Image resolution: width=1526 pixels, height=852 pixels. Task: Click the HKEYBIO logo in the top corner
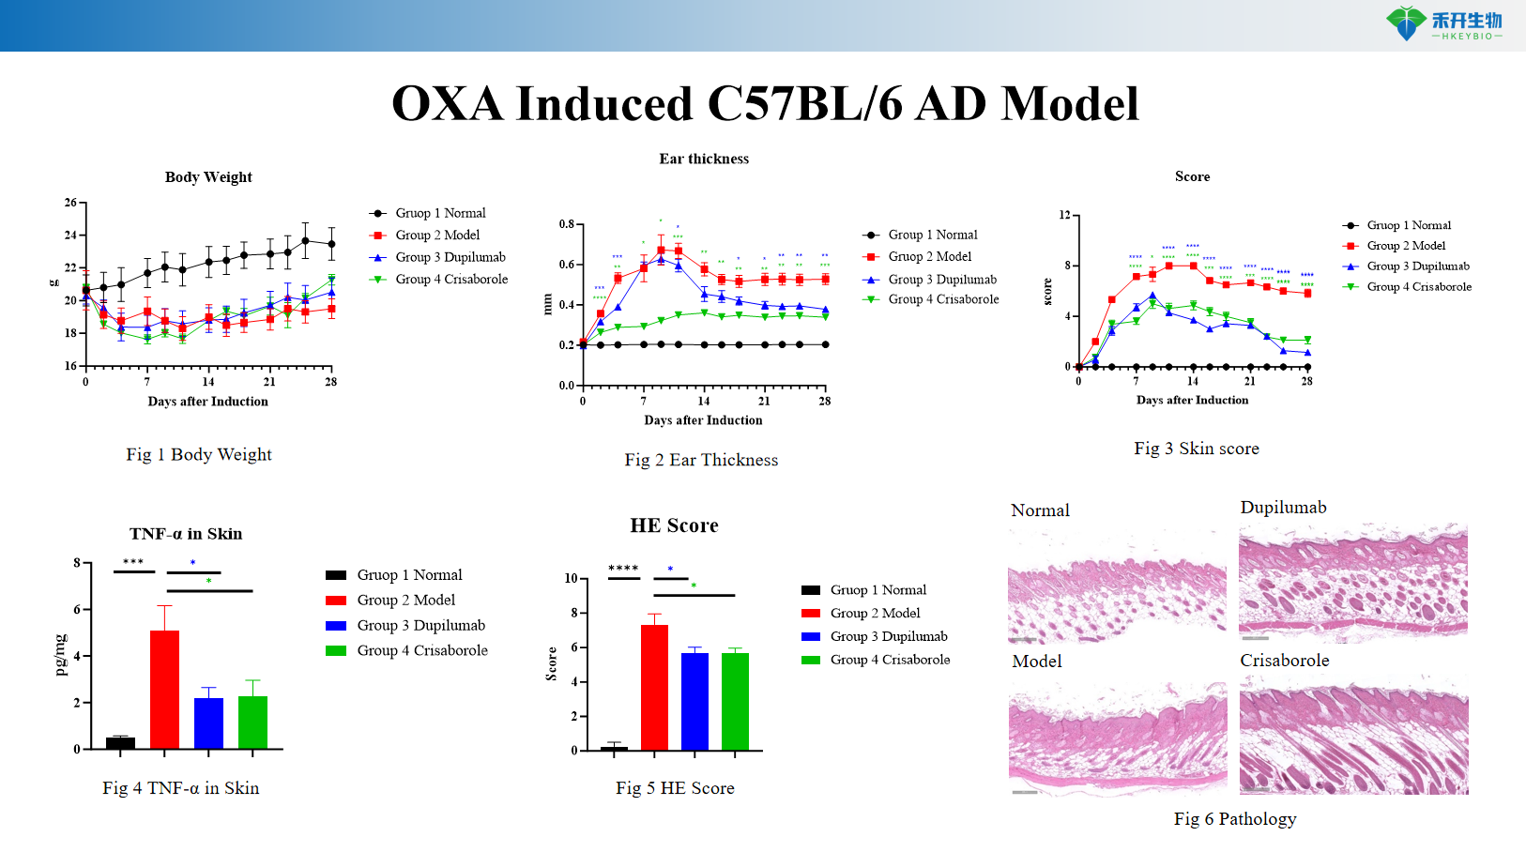[1444, 23]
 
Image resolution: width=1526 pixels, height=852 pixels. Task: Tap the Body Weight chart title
[208, 177]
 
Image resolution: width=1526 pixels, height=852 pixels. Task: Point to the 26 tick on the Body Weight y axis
[70, 203]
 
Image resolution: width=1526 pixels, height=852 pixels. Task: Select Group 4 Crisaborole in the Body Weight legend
[450, 280]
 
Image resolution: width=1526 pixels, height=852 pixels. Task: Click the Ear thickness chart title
[704, 160]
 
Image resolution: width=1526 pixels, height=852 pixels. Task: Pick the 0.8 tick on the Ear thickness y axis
[567, 224]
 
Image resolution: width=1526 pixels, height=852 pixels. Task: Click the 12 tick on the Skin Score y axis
[1064, 215]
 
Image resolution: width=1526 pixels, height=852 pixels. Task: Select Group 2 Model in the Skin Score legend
[1405, 246]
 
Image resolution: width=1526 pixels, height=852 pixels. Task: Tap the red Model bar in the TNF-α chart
[164, 689]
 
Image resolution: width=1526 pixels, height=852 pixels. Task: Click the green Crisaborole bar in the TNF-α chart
[252, 722]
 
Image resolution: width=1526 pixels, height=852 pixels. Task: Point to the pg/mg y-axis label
[61, 655]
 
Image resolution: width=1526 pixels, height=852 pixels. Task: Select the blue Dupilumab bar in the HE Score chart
[694, 701]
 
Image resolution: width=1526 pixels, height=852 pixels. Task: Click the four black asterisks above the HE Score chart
[623, 569]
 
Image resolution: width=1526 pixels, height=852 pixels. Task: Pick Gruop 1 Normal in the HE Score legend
[877, 590]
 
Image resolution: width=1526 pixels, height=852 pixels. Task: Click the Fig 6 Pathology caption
[1234, 819]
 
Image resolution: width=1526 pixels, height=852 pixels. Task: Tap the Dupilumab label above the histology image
[1283, 508]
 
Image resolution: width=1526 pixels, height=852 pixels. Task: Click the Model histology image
[1118, 740]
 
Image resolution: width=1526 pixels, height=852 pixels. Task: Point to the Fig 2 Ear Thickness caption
[701, 460]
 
